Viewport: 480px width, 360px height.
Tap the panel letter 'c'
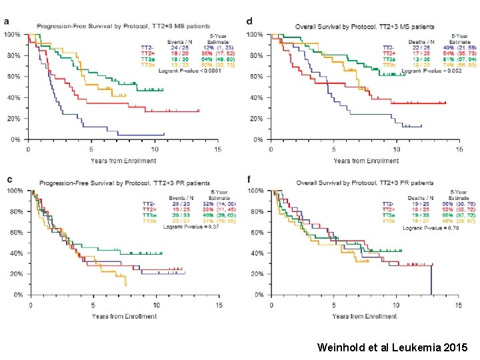(x=8, y=179)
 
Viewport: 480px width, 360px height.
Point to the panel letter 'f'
(x=249, y=179)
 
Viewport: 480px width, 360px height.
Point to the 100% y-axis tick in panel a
(x=13, y=33)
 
